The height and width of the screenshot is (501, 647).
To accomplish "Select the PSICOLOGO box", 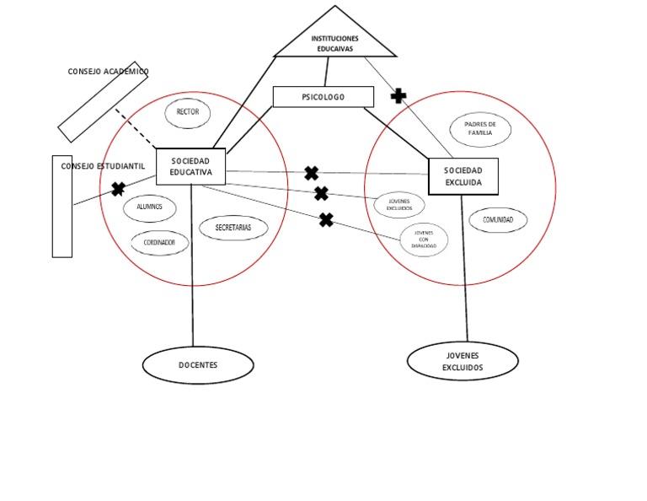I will pyautogui.click(x=323, y=97).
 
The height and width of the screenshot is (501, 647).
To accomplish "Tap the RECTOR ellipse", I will pyautogui.click(x=187, y=112).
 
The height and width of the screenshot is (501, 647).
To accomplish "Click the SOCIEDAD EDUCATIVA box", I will pyautogui.click(x=191, y=166).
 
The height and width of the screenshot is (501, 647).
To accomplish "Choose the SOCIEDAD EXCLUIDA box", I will pyautogui.click(x=463, y=176).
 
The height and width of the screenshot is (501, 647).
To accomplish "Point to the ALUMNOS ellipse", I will pyautogui.click(x=150, y=207).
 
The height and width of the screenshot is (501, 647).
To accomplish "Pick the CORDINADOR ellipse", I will pyautogui.click(x=159, y=243).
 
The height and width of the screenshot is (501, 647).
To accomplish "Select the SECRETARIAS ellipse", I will pyautogui.click(x=233, y=228).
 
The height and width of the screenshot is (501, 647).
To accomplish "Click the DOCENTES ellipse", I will pyautogui.click(x=198, y=365).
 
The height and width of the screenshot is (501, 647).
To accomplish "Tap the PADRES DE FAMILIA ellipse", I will pyautogui.click(x=480, y=129).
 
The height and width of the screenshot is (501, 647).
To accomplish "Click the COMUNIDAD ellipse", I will pyautogui.click(x=498, y=220).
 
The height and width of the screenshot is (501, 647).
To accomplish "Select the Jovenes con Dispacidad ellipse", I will pyautogui.click(x=424, y=240).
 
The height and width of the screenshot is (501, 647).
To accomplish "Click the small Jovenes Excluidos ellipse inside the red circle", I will pyautogui.click(x=399, y=204).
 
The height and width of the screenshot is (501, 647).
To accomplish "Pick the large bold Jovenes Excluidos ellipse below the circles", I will pyautogui.click(x=463, y=362).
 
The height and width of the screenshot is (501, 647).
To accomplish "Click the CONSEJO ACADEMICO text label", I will pyautogui.click(x=108, y=72).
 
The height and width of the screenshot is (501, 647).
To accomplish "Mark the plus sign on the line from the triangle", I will pyautogui.click(x=398, y=96).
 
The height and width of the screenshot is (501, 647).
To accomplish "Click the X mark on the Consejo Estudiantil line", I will pyautogui.click(x=118, y=189).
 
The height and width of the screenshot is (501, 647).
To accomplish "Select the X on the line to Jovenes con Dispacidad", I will pyautogui.click(x=326, y=220).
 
